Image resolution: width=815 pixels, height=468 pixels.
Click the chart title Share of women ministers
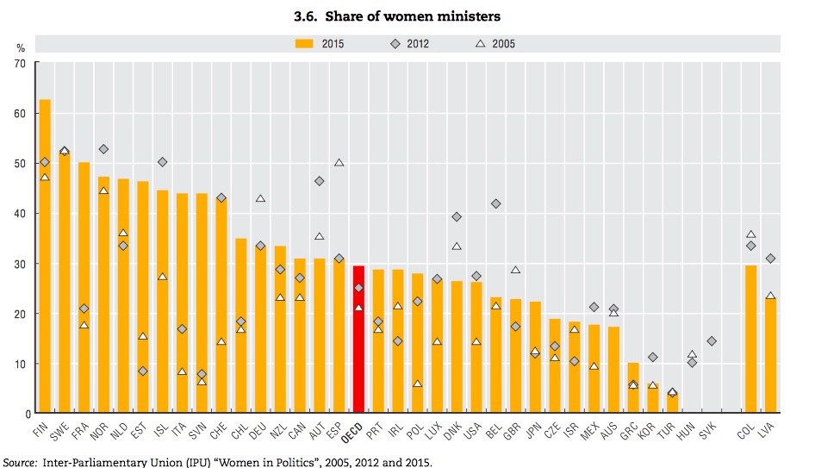[x=407, y=16]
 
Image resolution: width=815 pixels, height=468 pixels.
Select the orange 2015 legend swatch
[x=306, y=42]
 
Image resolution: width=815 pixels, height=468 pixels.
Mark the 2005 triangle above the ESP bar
[x=339, y=162]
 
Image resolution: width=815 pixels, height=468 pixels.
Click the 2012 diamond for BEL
[x=495, y=203]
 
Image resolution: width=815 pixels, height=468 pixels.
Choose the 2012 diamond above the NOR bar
[x=103, y=149]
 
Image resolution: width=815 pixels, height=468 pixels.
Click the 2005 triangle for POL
[x=417, y=384]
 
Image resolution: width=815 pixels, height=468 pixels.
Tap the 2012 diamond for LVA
[x=771, y=259]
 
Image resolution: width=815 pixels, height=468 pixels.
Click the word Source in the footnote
[x=21, y=461]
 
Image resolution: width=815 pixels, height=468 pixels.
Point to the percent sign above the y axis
[x=20, y=48]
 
